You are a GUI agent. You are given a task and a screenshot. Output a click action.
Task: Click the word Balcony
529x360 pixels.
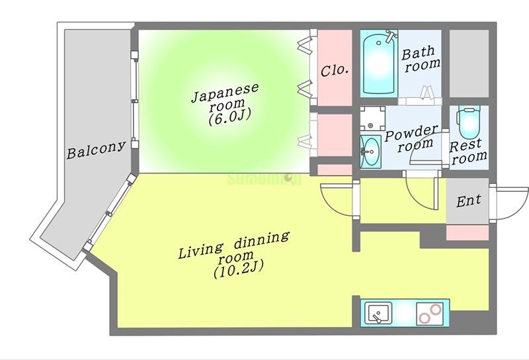point(96,150)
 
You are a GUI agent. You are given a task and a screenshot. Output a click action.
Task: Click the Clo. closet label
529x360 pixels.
point(335,69)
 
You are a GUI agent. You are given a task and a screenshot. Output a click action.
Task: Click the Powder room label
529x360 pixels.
point(411,137)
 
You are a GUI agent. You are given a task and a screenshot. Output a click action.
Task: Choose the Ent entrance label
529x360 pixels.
point(469,200)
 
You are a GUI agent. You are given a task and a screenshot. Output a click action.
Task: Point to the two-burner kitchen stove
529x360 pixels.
point(429,312)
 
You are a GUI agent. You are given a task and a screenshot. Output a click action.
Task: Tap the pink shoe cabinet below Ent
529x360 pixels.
point(468,232)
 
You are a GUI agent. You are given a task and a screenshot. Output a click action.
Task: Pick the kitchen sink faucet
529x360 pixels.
point(377,320)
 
